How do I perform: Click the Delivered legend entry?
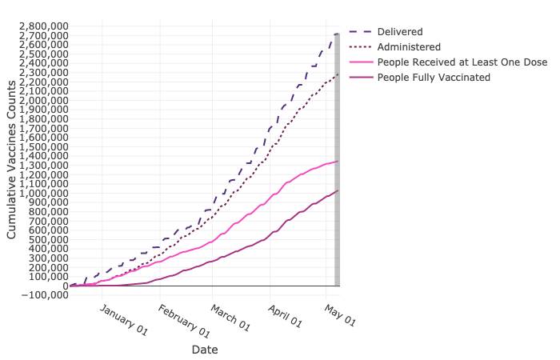pos(400,32)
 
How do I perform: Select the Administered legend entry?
pos(408,47)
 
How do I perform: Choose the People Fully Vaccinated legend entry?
pos(434,78)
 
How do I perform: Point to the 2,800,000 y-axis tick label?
pos(42,26)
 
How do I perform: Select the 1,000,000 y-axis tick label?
pos(42,193)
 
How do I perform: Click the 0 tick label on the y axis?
pos(64,286)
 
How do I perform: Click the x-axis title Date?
pos(205,350)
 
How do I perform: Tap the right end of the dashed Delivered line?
pos(338,34)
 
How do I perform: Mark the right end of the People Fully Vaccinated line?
pos(338,190)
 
